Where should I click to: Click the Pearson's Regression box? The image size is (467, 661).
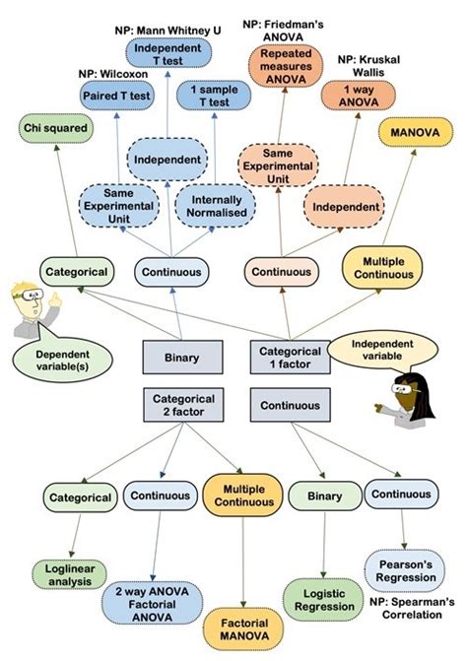403,570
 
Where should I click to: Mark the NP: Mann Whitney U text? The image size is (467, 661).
164,31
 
